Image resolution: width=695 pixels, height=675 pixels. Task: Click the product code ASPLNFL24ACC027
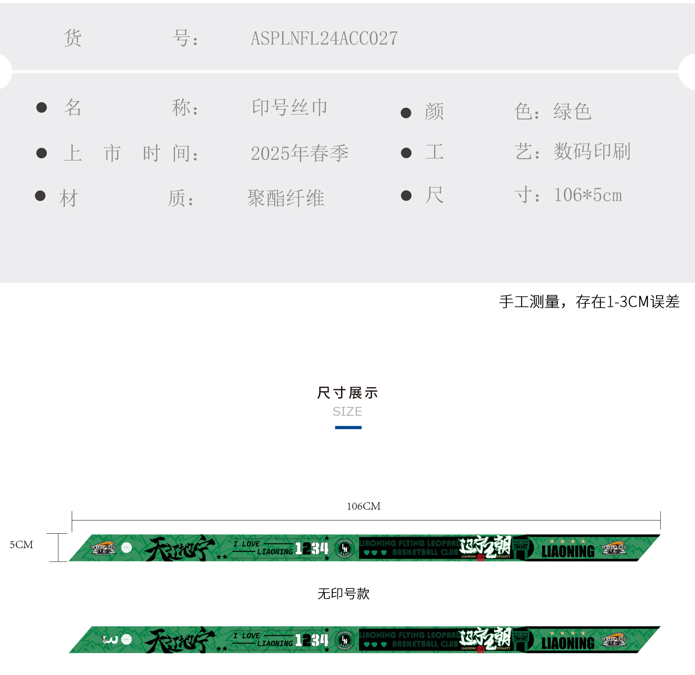click(324, 38)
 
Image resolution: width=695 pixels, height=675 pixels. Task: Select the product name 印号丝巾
click(290, 107)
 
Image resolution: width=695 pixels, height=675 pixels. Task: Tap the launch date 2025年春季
click(299, 153)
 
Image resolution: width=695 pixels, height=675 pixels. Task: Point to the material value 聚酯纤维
click(285, 198)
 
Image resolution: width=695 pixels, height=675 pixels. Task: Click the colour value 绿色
click(572, 112)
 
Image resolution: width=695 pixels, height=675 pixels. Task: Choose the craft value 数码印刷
click(592, 151)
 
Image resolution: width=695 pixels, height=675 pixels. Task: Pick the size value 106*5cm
click(588, 195)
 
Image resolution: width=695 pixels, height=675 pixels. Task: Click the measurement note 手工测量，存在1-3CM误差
click(589, 302)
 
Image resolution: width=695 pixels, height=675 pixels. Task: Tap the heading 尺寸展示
click(347, 393)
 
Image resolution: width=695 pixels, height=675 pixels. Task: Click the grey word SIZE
click(347, 412)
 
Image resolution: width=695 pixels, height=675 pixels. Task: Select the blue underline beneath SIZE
click(348, 428)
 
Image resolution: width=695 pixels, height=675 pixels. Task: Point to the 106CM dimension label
click(364, 506)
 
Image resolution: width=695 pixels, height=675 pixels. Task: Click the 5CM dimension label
click(21, 544)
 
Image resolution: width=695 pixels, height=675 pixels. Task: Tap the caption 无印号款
click(343, 594)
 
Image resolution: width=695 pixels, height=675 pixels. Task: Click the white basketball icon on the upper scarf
click(126, 548)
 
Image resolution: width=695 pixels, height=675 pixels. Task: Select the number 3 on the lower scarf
click(110, 639)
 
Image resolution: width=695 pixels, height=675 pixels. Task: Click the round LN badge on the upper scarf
click(345, 549)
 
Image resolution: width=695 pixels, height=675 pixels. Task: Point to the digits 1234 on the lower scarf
click(311, 640)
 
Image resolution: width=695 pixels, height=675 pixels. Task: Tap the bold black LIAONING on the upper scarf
click(568, 551)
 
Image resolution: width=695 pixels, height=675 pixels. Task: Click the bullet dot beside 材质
click(40, 196)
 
